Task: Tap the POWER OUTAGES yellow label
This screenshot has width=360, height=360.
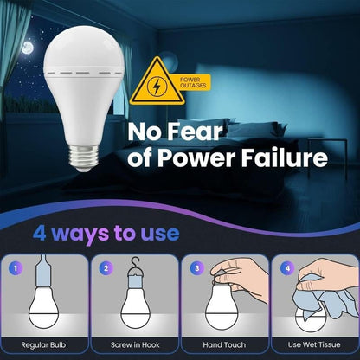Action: pos(193,82)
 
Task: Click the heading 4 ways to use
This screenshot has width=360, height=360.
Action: pos(106,233)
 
